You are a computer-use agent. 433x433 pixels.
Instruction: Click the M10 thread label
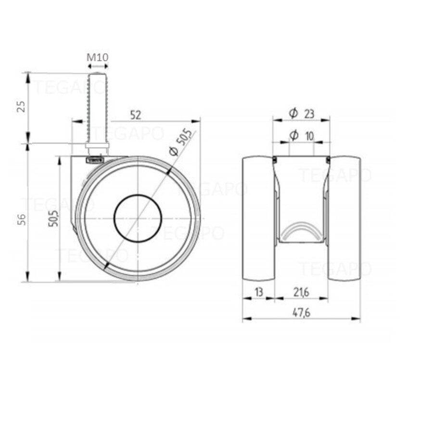97,58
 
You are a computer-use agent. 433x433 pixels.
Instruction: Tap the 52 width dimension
136,115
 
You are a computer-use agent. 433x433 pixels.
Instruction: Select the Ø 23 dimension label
302,114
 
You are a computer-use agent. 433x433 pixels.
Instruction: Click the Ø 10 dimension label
302,136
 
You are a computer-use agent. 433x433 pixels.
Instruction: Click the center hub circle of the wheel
137,218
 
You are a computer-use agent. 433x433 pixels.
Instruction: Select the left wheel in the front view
258,218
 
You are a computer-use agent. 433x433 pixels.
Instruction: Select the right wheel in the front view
345,218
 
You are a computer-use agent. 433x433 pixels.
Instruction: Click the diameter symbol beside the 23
293,114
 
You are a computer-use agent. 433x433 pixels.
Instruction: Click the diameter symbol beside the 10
293,136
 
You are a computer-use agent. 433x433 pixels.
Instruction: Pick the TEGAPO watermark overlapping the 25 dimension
67,88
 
